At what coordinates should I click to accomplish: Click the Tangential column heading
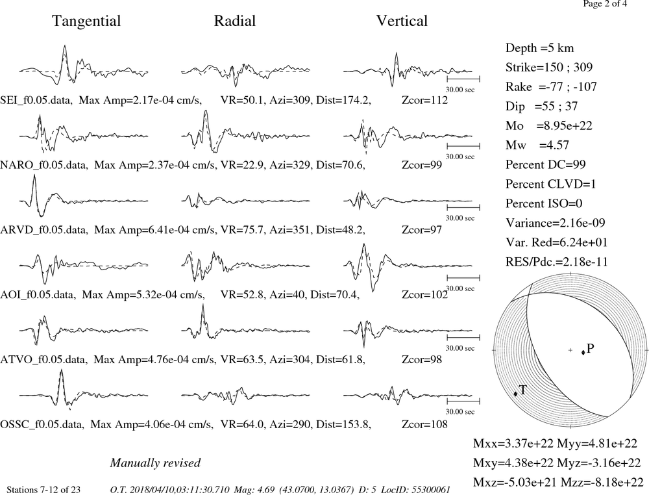click(86, 21)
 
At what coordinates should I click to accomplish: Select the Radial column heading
click(235, 21)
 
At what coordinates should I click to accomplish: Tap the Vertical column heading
click(402, 21)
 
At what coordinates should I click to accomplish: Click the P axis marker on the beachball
click(583, 353)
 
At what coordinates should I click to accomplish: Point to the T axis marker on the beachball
click(515, 394)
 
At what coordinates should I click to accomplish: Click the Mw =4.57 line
click(537, 145)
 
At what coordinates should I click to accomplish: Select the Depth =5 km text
click(539, 48)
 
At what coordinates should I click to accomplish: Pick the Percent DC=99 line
click(545, 164)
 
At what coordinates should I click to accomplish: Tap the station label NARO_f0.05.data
click(44, 165)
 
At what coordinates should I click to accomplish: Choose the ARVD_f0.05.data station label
click(44, 230)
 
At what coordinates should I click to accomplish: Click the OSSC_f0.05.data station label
click(42, 425)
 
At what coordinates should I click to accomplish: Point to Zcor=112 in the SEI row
click(424, 100)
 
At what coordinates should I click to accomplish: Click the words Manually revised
click(155, 463)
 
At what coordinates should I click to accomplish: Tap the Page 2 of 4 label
click(605, 4)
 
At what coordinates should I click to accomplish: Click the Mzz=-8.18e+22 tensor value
click(602, 482)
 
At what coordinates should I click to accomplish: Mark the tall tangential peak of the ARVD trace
click(35, 175)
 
